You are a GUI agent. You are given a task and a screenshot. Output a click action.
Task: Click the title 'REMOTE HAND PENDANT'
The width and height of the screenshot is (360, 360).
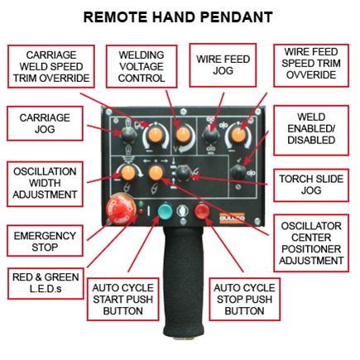coord(180,17)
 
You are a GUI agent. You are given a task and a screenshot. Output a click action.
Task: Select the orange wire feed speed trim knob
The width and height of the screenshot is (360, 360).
coord(237,132)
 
